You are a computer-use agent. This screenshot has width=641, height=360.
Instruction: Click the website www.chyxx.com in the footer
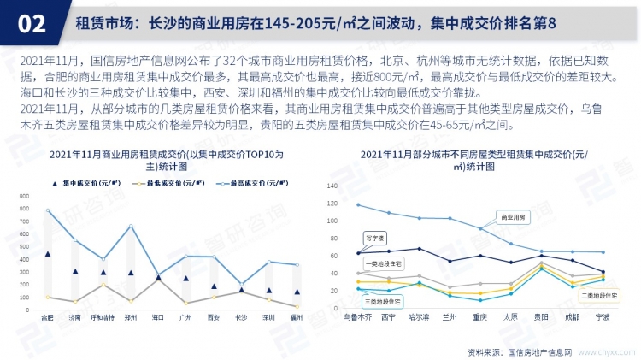605,351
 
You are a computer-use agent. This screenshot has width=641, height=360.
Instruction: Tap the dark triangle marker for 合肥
48,254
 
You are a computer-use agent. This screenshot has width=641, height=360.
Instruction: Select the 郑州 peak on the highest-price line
131,226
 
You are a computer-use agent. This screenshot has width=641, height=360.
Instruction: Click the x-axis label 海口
158,317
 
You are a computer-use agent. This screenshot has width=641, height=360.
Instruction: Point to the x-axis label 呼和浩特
103,317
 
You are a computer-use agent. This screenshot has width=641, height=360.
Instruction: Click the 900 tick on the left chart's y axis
24,196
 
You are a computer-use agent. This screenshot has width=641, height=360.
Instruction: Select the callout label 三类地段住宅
375,299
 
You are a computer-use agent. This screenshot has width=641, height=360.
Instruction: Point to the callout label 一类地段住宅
375,265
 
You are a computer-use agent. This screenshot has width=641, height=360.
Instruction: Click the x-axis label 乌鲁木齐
357,316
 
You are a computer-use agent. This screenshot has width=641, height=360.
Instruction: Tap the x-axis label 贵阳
541,316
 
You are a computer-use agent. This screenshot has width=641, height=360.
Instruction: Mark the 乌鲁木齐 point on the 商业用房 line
357,205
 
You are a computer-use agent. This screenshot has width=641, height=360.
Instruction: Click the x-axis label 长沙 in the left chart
241,317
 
